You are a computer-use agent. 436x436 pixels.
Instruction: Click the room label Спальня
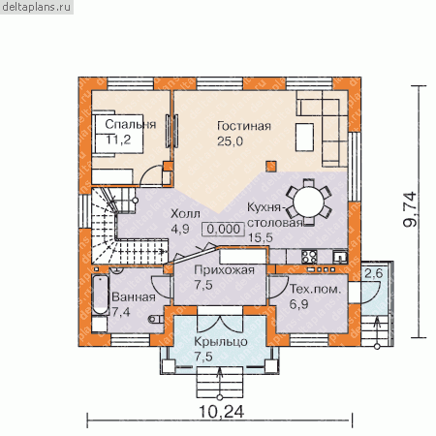pos(131,125)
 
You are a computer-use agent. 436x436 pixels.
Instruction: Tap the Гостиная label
pos(244,126)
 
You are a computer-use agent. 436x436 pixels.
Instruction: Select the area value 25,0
pos(230,141)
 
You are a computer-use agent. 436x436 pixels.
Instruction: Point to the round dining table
pos(309,202)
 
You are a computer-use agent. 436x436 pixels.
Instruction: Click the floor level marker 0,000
pos(223,229)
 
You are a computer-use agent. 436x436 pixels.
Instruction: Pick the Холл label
pos(185,213)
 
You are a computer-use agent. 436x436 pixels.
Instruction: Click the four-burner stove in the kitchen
pos(309,257)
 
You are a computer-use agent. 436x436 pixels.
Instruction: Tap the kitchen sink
pos(340,257)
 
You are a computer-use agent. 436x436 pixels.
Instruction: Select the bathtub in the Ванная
pos(100,295)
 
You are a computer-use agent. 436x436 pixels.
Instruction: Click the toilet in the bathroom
pos(156,320)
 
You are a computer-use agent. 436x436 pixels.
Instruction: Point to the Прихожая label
pos(224,269)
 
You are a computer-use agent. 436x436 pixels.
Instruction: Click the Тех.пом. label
pos(315,289)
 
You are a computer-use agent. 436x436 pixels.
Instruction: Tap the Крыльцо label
pos(221,342)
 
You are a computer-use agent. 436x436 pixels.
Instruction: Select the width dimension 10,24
pos(221,412)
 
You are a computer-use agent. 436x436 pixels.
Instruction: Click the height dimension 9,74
pos(411,209)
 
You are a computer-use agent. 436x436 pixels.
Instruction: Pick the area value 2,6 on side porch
pos(373,273)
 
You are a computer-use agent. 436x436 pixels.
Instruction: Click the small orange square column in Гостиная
pos(271,166)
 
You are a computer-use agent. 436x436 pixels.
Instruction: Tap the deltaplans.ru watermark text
pos(36,7)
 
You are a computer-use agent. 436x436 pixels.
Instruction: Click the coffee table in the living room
pos(304,137)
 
